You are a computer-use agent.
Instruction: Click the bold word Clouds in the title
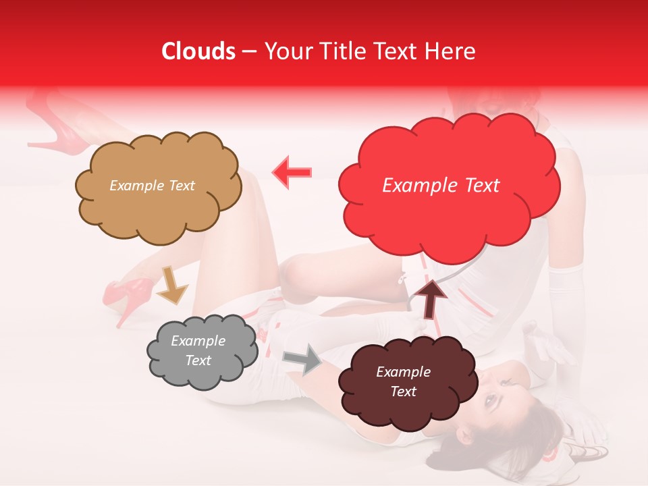coord(198,51)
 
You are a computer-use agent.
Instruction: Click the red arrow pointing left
coord(292,173)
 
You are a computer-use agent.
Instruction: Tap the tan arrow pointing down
coord(171,284)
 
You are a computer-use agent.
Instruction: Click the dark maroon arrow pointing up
coord(431,298)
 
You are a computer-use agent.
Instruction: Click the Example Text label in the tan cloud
coord(152,186)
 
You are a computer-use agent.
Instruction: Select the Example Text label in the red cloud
coord(441,186)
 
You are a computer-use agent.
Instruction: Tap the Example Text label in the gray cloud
coord(198,350)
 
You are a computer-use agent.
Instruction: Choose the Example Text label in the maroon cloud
coord(403,381)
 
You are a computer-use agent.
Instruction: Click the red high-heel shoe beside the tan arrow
coord(125,297)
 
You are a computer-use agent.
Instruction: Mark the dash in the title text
coord(249,51)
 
